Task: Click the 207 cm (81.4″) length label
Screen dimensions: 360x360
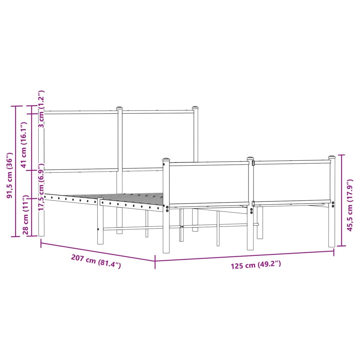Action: (x=96, y=261)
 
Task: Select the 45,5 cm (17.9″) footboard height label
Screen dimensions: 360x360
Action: (x=349, y=205)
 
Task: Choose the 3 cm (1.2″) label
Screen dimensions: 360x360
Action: (x=41, y=109)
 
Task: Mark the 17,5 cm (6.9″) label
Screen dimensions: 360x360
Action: (x=41, y=187)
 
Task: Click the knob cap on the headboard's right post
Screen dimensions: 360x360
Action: (x=195, y=108)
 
